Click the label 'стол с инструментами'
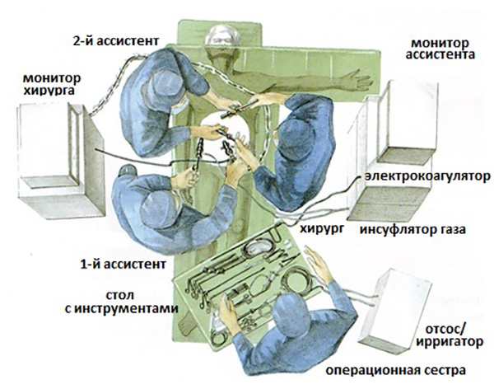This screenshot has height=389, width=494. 141,302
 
